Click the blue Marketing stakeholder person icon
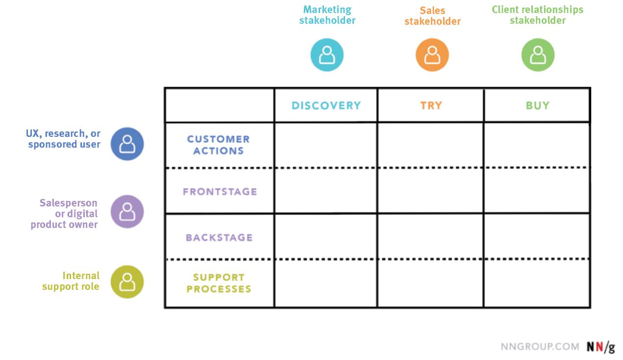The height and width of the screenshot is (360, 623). coord(327,55)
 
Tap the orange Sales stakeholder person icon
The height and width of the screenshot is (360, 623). coord(432,55)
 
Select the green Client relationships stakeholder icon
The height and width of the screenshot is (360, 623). coord(538,55)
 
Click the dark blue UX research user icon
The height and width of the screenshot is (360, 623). coord(127,144)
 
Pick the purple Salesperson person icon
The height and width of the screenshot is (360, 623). coord(127,211)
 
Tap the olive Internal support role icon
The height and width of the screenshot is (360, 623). coord(127,282)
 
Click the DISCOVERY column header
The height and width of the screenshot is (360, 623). coord(326,105)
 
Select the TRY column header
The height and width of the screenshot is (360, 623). coord(431,105)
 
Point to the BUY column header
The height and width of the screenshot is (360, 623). coord(537,105)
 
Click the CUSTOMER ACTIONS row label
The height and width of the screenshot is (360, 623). coord(219,145)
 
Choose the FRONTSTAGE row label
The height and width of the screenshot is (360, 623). coord(220,191)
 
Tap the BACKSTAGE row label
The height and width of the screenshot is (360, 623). coord(219,237)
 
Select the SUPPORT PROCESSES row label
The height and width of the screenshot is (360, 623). coord(219,283)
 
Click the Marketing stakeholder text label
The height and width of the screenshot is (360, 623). coord(327,15)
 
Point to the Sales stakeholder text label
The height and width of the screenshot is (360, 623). coord(432,16)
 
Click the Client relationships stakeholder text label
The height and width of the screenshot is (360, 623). coord(537,15)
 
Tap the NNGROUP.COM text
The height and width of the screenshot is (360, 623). coord(540,347)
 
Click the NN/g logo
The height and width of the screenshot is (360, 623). coord(600,347)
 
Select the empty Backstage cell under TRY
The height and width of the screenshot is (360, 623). coord(430,236)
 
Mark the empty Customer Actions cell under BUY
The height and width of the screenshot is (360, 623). coord(537,145)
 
